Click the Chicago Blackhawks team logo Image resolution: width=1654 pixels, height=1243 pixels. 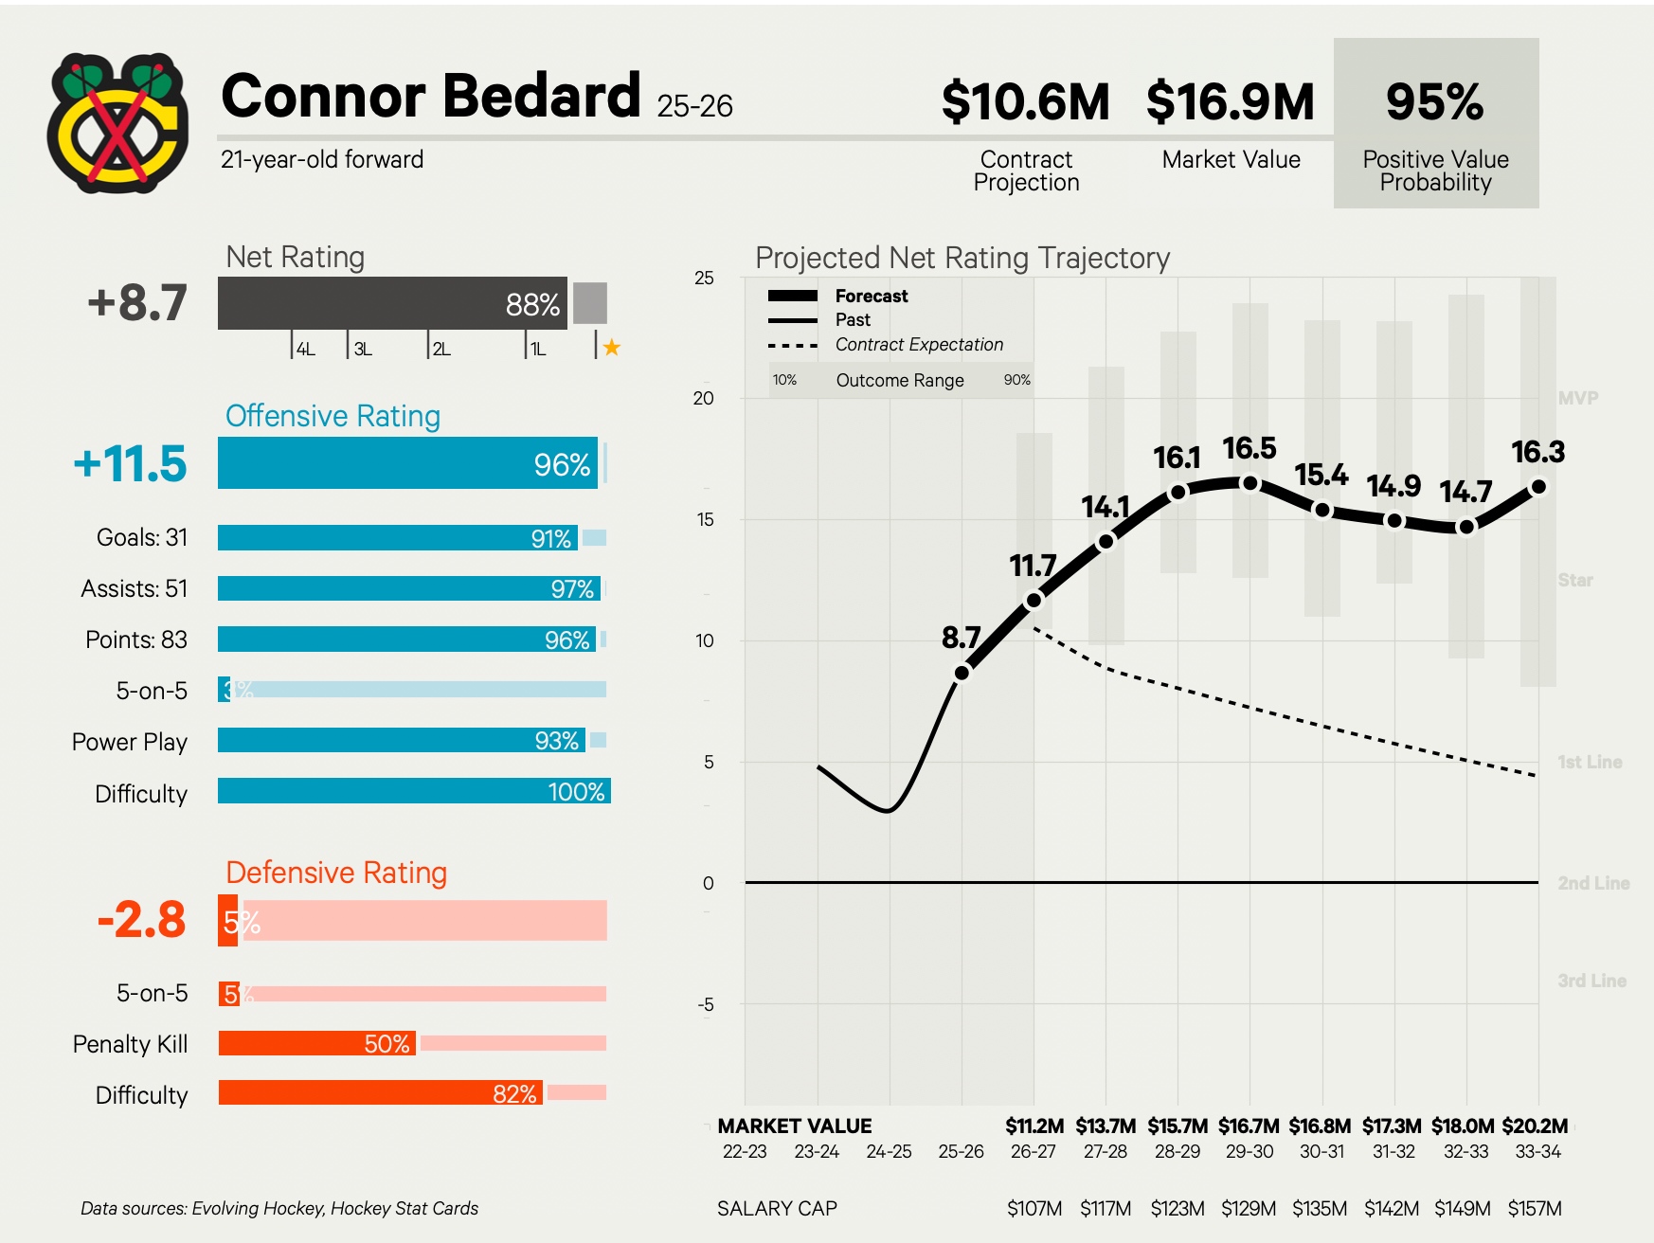pos(117,122)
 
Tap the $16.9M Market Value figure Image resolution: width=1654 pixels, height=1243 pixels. pos(1230,102)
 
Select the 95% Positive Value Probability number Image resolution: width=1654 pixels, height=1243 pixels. pos(1434,102)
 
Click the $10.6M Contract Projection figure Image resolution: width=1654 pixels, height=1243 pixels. pos(1025,102)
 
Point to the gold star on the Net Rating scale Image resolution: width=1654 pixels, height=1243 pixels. pos(612,348)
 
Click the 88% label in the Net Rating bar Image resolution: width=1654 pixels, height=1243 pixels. pos(532,305)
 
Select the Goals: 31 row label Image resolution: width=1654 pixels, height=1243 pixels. pos(142,537)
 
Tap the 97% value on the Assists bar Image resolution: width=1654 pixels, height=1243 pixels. pos(572,589)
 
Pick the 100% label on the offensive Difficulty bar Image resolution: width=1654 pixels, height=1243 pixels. pos(576,792)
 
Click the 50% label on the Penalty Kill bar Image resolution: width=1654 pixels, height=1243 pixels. pos(387,1044)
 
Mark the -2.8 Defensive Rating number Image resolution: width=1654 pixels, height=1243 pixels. pos(142,920)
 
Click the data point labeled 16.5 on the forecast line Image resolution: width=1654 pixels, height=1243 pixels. pos(1250,483)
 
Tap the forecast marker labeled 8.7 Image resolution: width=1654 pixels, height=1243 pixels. pos(962,673)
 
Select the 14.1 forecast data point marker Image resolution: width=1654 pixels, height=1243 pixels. pos(1106,542)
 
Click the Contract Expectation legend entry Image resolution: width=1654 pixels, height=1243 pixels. pos(918,345)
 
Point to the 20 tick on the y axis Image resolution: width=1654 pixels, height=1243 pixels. pos(703,399)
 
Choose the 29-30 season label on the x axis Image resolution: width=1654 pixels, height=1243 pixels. pos(1249,1152)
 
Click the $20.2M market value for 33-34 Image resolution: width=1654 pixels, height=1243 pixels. pos(1535,1126)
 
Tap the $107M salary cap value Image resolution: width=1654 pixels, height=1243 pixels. pos(1034,1209)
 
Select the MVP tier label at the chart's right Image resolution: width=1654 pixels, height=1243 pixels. pos(1577,399)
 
